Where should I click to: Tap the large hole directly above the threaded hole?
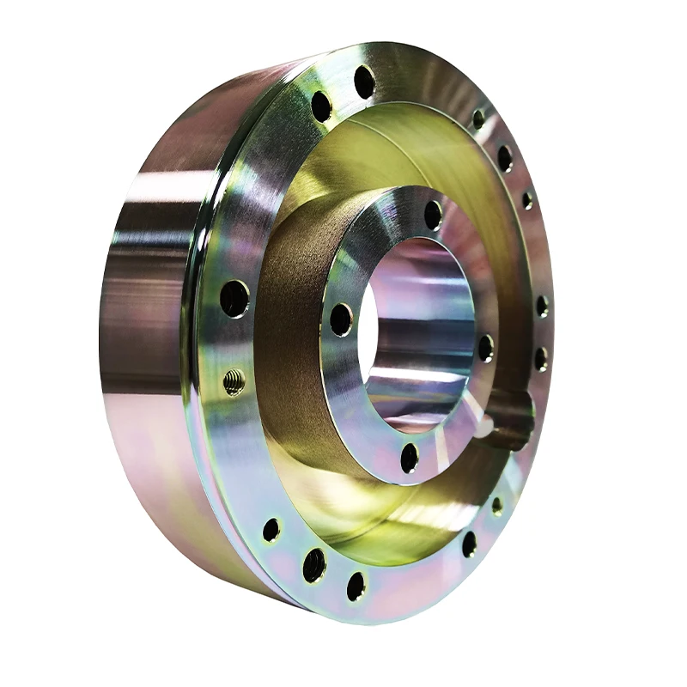pyautogui.click(x=234, y=298)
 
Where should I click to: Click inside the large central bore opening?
pyautogui.click(x=412, y=335)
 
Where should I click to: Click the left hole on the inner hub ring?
pyautogui.click(x=341, y=319)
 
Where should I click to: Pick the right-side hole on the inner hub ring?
pyautogui.click(x=486, y=348)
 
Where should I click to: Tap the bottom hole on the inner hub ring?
pyautogui.click(x=410, y=458)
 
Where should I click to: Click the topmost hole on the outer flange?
pyautogui.click(x=364, y=82)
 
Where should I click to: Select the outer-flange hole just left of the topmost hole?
pyautogui.click(x=321, y=106)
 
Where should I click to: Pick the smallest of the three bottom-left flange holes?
pyautogui.click(x=271, y=529)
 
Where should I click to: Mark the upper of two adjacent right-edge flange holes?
pyautogui.click(x=542, y=307)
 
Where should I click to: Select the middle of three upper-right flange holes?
pyautogui.click(x=505, y=158)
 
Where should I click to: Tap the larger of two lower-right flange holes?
pyautogui.click(x=469, y=544)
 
